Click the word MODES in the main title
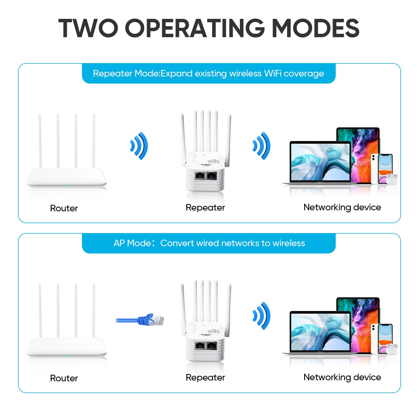coord(316,28)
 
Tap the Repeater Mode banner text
coord(208,73)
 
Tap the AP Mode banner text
coord(209,243)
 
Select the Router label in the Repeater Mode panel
coord(64,208)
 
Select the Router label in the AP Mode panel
coord(64,378)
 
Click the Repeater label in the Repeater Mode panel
coord(205,207)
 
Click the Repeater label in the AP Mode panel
coord(205,377)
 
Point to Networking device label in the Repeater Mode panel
coord(342,207)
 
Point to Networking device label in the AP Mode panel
coord(342,377)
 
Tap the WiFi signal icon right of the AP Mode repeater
coord(262,316)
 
